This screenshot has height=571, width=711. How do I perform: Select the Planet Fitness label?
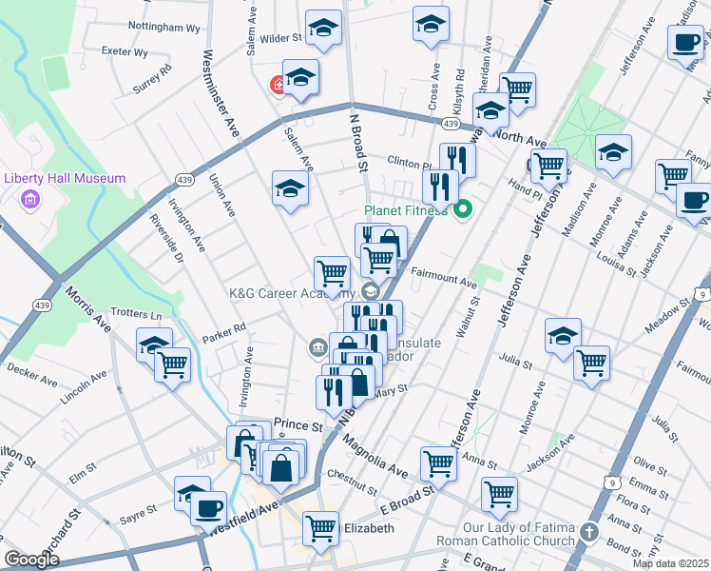click(406, 210)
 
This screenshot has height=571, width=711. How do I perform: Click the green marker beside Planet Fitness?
click(464, 209)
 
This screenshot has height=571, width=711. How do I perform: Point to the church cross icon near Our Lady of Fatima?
click(589, 532)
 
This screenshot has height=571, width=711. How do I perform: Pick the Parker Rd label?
click(224, 328)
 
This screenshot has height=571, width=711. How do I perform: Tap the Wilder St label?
click(282, 39)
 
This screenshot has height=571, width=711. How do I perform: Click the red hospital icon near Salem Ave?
click(279, 86)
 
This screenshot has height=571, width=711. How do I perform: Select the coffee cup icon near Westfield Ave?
click(209, 506)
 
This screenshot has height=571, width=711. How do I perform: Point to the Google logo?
click(31, 560)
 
